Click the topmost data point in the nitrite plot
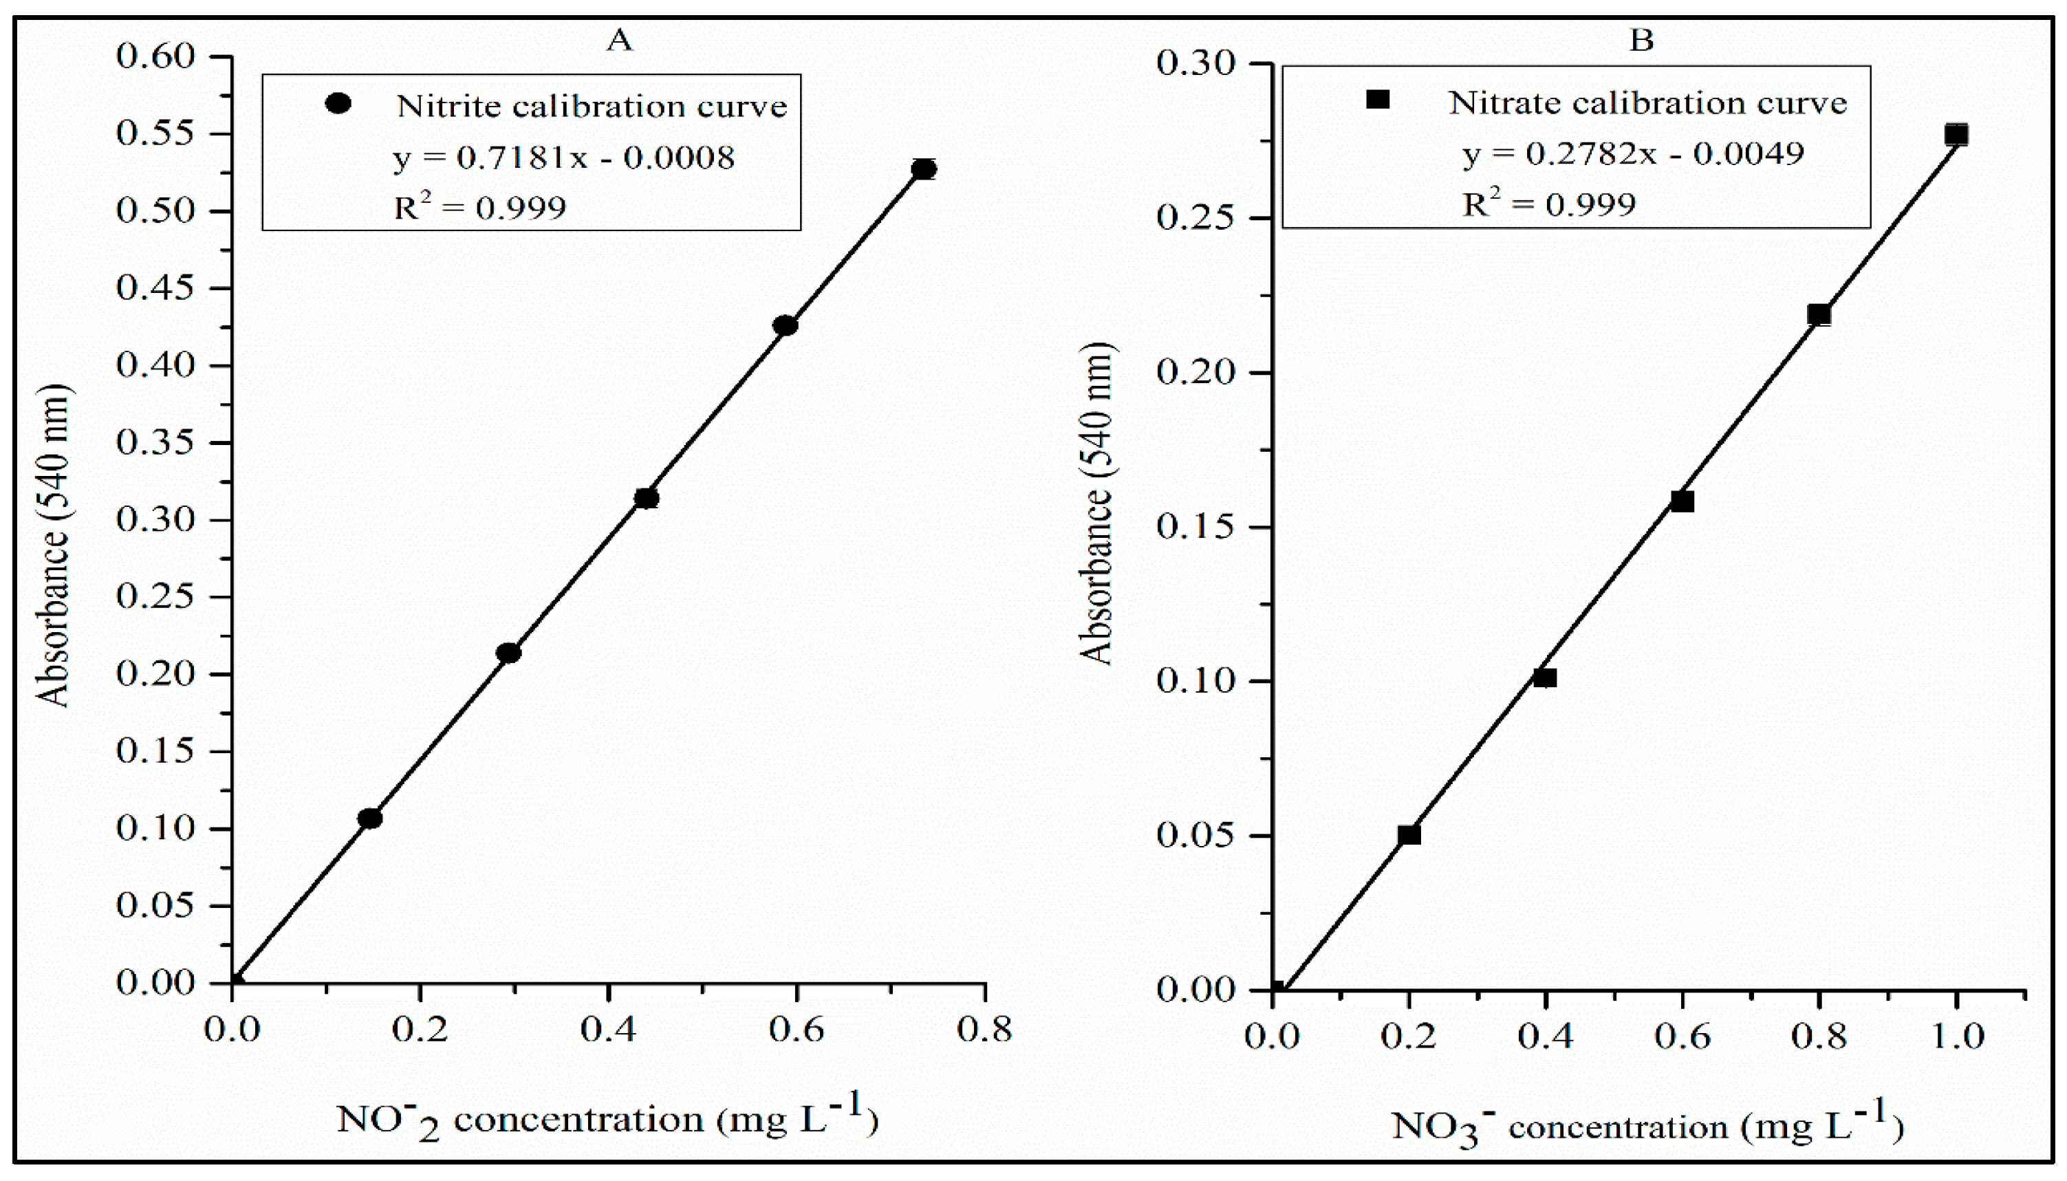coord(924,169)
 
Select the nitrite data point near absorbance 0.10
coord(370,818)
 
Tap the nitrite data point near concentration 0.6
coord(785,325)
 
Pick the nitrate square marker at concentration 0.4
coord(1545,678)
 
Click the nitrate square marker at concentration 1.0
coord(1956,135)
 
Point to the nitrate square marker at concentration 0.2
coord(1409,834)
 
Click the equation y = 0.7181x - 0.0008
coord(565,158)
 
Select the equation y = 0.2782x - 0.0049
coord(1633,153)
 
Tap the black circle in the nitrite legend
coord(337,104)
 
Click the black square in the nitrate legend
coord(1378,100)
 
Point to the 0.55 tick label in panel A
coord(155,133)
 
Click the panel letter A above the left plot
coord(620,39)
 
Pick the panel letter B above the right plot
coord(1641,39)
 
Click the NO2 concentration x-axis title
coord(607,1121)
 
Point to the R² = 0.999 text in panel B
coord(1549,204)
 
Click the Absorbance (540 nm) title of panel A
coord(54,545)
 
